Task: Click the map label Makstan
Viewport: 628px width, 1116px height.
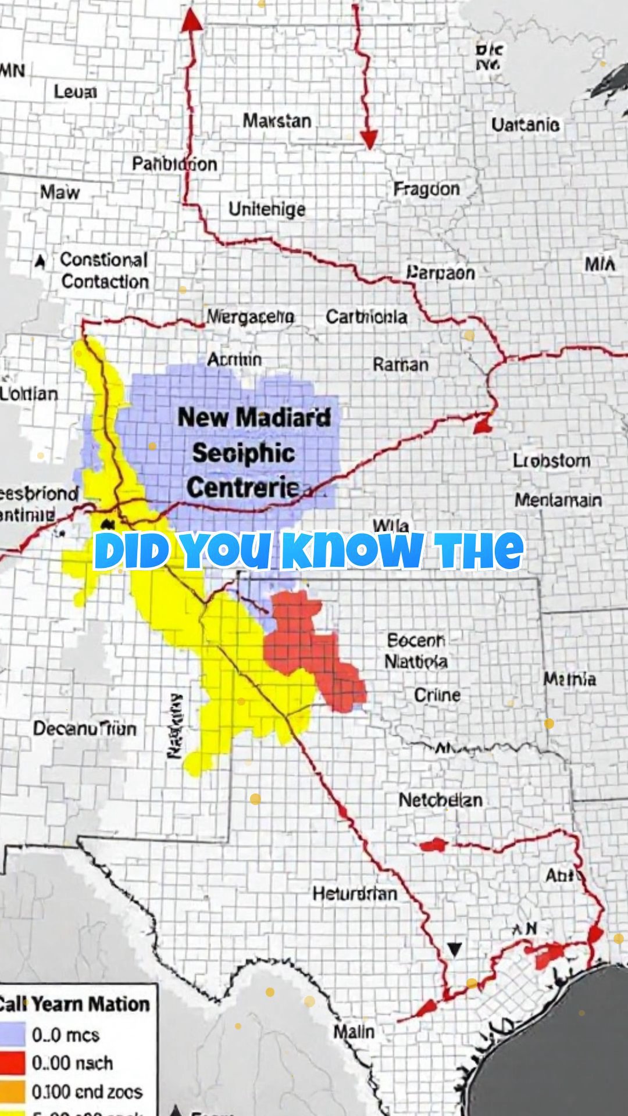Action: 277,121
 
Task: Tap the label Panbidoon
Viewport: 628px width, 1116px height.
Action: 174,164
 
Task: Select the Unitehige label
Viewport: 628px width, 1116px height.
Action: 267,209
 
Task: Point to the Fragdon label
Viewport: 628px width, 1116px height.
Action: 427,189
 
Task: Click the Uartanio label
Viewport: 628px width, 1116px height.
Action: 526,124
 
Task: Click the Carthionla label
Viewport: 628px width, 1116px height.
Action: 366,317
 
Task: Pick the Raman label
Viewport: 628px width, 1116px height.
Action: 401,364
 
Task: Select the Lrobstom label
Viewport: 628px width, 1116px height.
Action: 551,461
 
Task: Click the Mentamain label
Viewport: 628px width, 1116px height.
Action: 558,500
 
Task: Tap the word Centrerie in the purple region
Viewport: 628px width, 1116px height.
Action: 243,487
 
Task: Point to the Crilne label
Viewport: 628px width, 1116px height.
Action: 437,695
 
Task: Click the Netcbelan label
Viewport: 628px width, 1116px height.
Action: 441,800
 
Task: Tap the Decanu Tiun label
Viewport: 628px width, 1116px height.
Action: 84,728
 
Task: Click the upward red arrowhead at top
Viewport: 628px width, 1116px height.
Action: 192,21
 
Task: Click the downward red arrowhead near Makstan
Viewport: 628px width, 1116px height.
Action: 369,139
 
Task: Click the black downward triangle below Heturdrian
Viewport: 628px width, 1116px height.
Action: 455,950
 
